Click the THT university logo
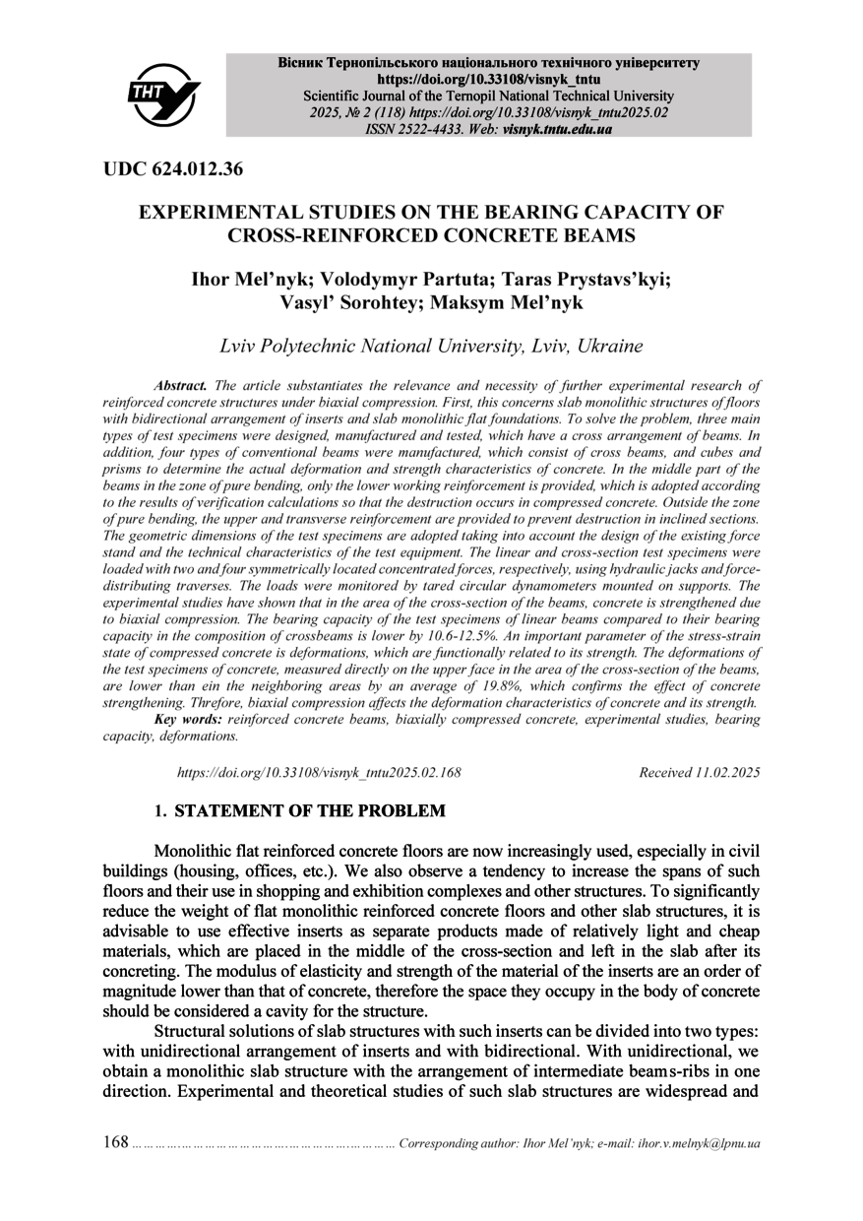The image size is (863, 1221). tap(163, 95)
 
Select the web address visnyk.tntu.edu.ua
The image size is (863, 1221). tap(557, 129)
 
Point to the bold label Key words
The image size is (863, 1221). tap(189, 720)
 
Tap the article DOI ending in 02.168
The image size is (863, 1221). tap(319, 773)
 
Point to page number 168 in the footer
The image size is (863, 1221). tap(116, 1142)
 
